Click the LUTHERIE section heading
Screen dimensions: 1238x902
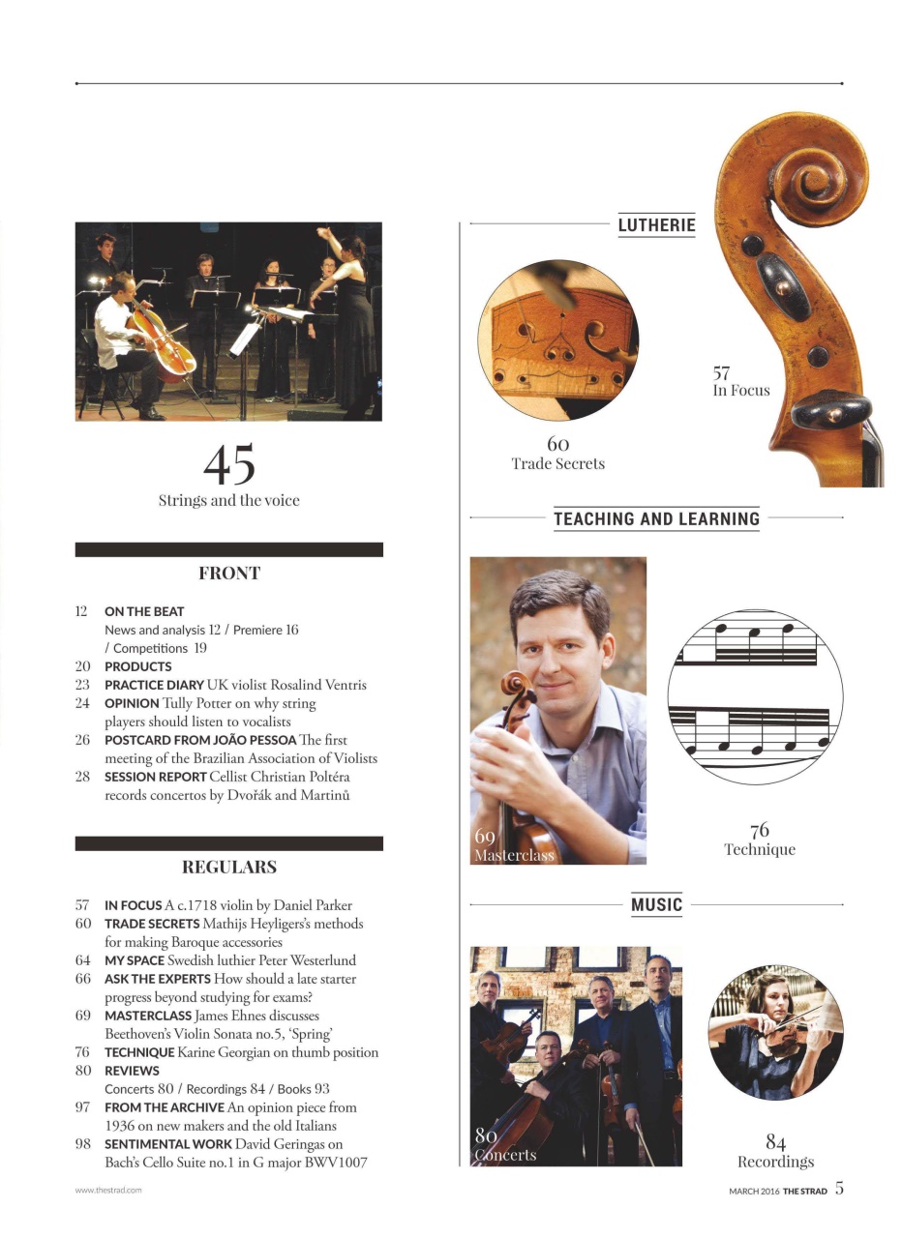[656, 225]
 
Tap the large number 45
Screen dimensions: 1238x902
[229, 464]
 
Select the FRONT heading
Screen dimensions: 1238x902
[229, 573]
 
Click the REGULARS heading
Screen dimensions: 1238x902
[229, 867]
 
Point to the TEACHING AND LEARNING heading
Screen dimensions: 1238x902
[656, 518]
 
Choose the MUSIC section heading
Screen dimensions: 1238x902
[656, 905]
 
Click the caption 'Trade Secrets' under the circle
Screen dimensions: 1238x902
[558, 464]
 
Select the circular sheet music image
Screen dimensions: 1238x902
[755, 696]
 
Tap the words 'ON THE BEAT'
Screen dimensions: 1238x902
[144, 611]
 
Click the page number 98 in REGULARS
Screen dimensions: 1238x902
[82, 1144]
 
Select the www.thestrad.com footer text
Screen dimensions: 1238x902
[108, 1191]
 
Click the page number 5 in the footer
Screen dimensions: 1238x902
[839, 1189]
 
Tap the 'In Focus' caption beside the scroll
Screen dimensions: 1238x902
[741, 391]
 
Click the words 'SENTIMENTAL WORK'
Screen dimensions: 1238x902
[168, 1144]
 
